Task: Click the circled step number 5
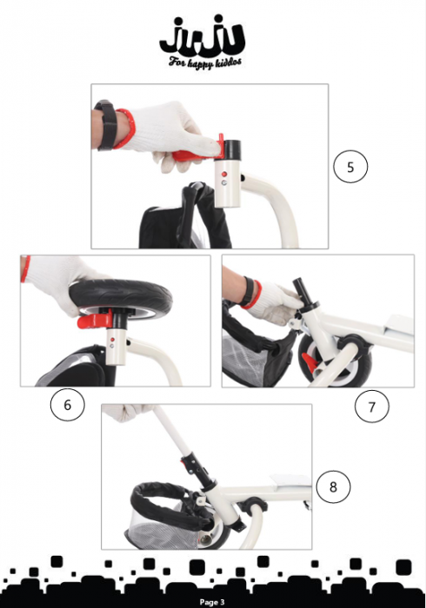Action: tap(350, 167)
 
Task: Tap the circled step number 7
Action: tap(372, 406)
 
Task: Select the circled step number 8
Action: tap(332, 486)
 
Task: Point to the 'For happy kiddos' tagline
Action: tap(202, 63)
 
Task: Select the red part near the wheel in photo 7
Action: tap(309, 355)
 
